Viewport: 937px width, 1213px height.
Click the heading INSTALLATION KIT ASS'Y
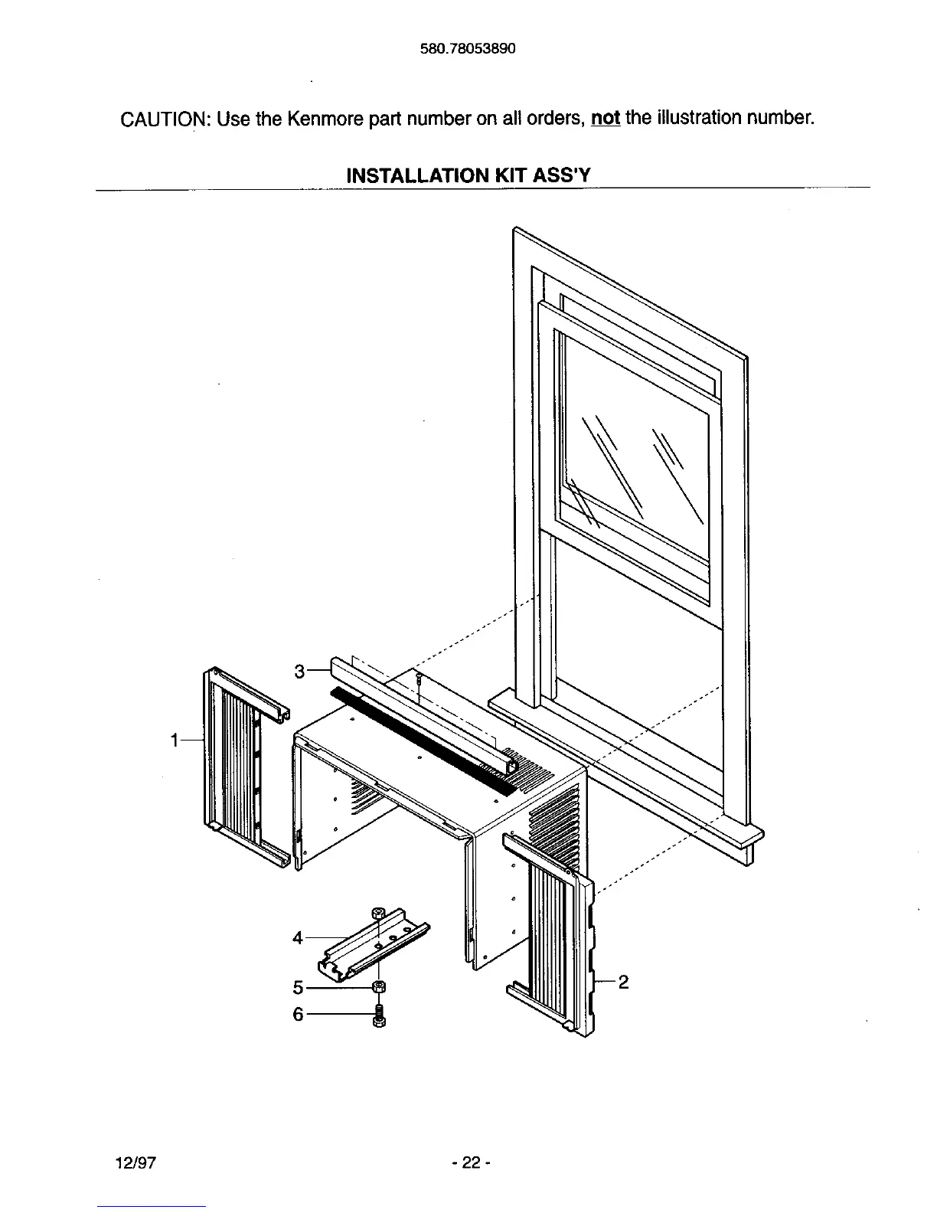pyautogui.click(x=468, y=175)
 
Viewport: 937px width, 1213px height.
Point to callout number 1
pyautogui.click(x=175, y=740)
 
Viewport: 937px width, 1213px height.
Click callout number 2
pyautogui.click(x=623, y=982)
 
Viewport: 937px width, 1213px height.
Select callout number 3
pyautogui.click(x=300, y=672)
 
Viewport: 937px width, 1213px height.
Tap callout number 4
pyautogui.click(x=299, y=937)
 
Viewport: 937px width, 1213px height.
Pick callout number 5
pyautogui.click(x=299, y=988)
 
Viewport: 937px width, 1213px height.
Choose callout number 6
pyautogui.click(x=299, y=1015)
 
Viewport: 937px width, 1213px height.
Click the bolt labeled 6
pyautogui.click(x=377, y=1017)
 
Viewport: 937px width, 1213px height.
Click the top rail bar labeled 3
pyautogui.click(x=421, y=712)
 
